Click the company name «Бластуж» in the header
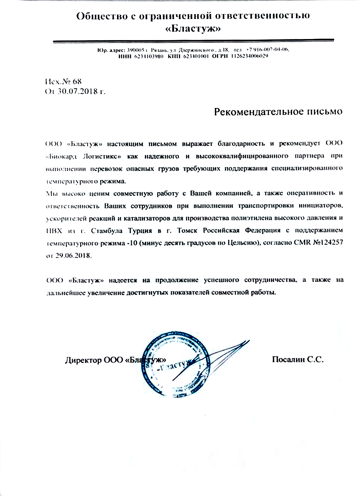pyautogui.click(x=193, y=29)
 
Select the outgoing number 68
pyautogui.click(x=77, y=81)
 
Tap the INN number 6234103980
pyautogui.click(x=149, y=56)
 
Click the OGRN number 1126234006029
pyautogui.click(x=250, y=56)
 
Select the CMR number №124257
pyautogui.click(x=327, y=243)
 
